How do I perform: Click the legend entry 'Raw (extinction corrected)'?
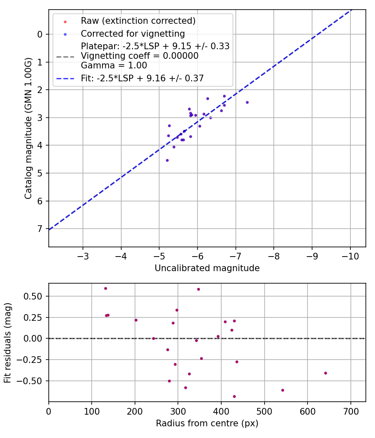click(x=138, y=21)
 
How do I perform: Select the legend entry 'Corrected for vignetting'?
click(x=133, y=33)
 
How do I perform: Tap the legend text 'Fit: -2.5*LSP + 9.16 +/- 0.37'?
click(x=142, y=78)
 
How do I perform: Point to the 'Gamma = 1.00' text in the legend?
click(x=114, y=65)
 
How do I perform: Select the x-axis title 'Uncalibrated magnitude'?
click(x=207, y=268)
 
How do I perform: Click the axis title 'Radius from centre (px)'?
click(x=207, y=423)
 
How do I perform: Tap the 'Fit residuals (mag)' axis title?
click(x=7, y=342)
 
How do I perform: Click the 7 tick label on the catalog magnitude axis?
click(x=40, y=229)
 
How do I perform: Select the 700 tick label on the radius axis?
click(x=350, y=411)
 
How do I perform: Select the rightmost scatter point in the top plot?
click(x=247, y=102)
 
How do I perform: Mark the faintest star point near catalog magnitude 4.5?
click(x=167, y=160)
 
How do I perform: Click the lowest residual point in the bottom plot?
click(x=234, y=396)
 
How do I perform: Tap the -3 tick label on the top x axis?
click(x=83, y=256)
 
